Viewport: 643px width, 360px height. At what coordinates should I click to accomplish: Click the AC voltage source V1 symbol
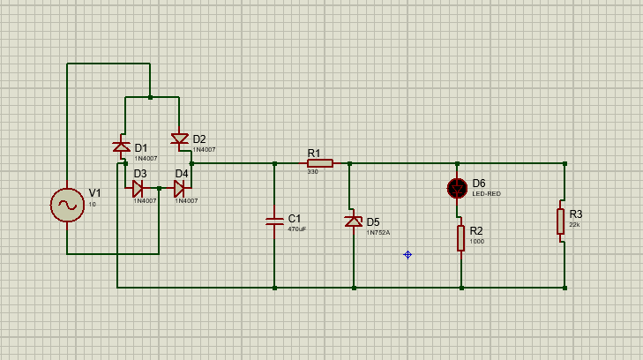tap(67, 205)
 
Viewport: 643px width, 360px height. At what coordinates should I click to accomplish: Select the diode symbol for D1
tap(121, 146)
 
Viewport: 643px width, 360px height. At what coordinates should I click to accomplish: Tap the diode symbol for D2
tap(179, 139)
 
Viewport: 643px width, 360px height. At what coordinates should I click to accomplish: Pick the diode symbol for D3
tap(138, 188)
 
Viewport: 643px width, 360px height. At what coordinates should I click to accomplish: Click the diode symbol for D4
tap(180, 188)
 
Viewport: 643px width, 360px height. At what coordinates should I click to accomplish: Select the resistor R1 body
tap(319, 163)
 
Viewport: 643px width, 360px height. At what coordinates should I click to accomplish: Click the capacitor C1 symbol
tap(274, 222)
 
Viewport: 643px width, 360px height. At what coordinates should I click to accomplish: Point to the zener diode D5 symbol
tap(353, 221)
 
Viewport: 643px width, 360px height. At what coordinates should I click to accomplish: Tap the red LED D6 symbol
tap(457, 187)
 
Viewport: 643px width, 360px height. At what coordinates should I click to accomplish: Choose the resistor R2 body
tap(460, 238)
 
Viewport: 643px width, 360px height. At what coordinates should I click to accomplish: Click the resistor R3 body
tap(560, 221)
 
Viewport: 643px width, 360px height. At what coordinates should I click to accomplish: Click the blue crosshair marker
tap(407, 255)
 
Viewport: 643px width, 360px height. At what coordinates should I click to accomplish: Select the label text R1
tap(314, 154)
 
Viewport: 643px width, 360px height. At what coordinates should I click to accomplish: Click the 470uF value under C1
tap(297, 229)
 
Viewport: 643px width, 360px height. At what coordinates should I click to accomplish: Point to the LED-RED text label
tap(486, 193)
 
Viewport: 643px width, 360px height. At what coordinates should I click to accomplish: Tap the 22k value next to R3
tap(574, 224)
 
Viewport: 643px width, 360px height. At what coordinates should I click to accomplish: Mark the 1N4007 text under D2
tap(204, 150)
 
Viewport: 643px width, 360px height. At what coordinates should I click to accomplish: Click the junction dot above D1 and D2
tap(150, 97)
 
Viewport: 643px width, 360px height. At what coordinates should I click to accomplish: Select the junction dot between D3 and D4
tap(159, 188)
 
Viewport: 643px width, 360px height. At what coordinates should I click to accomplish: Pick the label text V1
tap(94, 193)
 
